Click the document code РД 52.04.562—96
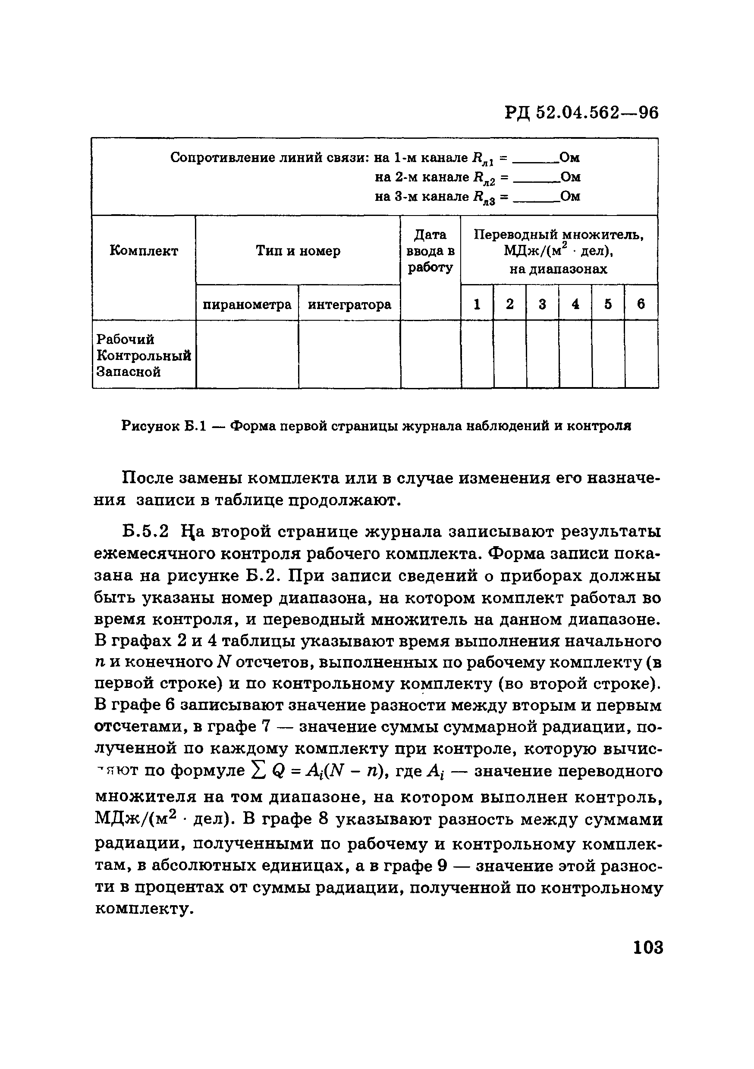pos(581,113)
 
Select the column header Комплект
pos(144,251)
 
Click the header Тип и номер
pos(298,251)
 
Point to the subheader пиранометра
pos(247,305)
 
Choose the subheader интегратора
pos(349,305)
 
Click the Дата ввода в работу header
pos(430,251)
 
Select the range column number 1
pos(477,304)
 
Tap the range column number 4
pos(575,304)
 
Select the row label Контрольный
pos(144,356)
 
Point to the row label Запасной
pos(128,372)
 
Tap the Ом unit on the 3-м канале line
pos(570,197)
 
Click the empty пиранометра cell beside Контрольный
pos(247,356)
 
